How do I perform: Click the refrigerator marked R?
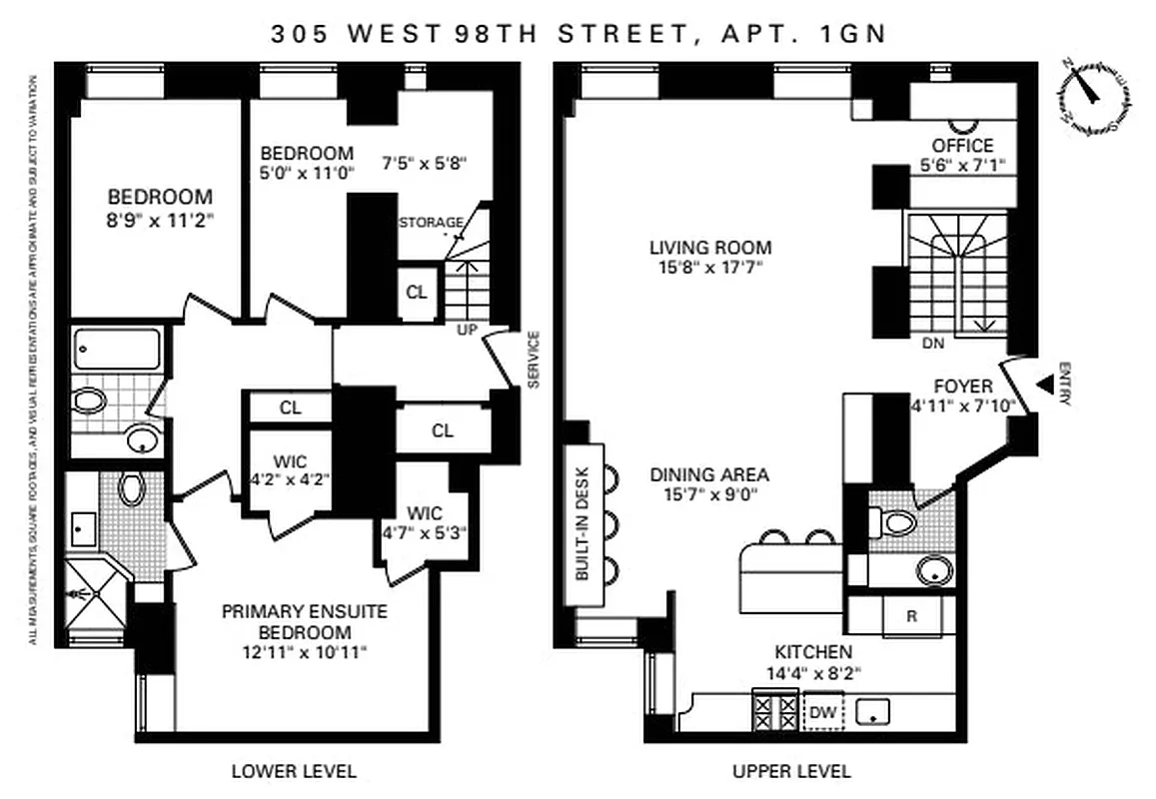click(911, 616)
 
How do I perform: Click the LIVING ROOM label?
click(710, 248)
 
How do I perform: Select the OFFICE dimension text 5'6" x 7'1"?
click(962, 166)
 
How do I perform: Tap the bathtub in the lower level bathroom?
click(118, 351)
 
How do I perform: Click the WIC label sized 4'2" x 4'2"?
click(289, 462)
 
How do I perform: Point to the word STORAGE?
click(431, 222)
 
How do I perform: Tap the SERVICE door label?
click(533, 359)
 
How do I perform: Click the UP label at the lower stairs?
click(467, 329)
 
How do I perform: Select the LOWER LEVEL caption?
click(294, 770)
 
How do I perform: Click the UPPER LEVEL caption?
click(791, 770)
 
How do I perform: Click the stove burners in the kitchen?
click(775, 713)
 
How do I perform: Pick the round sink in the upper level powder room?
click(934, 570)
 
